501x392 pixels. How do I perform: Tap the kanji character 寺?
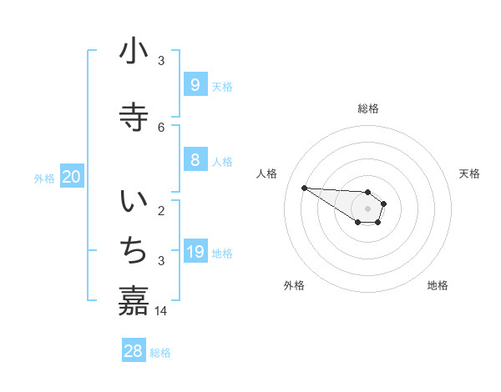click(x=134, y=117)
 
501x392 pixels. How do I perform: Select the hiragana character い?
click(x=134, y=202)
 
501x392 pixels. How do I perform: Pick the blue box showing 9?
click(x=195, y=85)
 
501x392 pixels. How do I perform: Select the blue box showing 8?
click(x=195, y=160)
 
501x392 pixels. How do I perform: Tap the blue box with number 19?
click(x=195, y=252)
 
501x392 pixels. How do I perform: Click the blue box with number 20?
click(x=72, y=177)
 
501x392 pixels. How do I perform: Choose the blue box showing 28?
click(x=134, y=351)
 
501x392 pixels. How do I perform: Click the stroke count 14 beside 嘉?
click(x=161, y=311)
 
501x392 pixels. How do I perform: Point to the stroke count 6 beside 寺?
click(x=161, y=127)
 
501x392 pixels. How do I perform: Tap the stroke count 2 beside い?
click(x=161, y=210)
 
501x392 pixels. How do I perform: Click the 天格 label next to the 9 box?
click(x=222, y=87)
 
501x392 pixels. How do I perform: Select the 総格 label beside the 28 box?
click(x=160, y=353)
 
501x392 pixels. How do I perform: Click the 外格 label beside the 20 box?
click(x=44, y=178)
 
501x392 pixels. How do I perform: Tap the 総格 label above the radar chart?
click(x=368, y=108)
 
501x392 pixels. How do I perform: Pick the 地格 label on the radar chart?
click(x=438, y=285)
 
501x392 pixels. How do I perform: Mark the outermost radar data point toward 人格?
click(x=304, y=188)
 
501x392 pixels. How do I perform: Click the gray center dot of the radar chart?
click(x=367, y=209)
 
